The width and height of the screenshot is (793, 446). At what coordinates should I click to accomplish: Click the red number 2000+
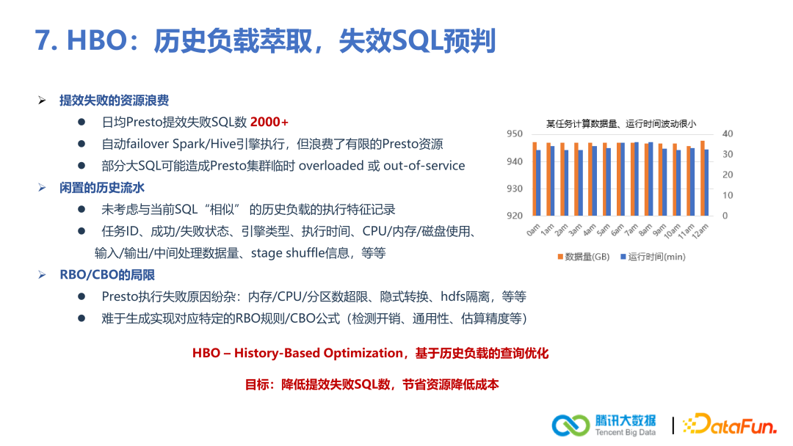[269, 122]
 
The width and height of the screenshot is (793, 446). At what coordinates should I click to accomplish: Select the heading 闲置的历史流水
[101, 188]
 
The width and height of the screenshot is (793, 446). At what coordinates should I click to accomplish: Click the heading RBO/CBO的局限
[106, 275]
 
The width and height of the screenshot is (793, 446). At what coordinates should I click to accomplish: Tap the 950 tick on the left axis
[515, 134]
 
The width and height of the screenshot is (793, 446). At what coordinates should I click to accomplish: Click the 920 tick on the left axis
[515, 216]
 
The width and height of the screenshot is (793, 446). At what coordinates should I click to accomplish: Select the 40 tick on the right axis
[727, 134]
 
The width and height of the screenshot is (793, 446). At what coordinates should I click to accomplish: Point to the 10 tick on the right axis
[727, 195]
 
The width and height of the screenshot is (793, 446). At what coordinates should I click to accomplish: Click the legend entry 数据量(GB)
[583, 257]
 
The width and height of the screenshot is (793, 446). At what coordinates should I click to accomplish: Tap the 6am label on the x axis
[616, 230]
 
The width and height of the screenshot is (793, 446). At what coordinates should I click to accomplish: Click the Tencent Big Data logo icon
[571, 425]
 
